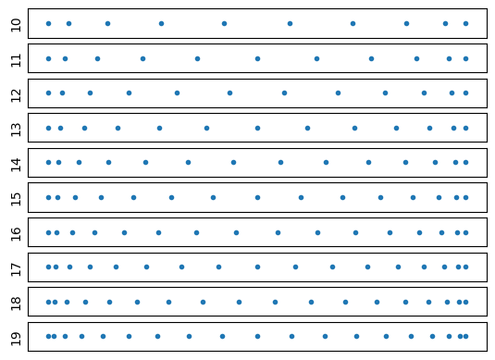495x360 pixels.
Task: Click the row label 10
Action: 16,23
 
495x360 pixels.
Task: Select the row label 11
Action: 16,58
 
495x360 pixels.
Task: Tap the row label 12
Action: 16,93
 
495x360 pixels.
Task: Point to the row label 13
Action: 16,128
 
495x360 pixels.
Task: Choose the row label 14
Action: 16,162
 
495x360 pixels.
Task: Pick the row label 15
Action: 16,197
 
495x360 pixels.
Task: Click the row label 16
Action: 16,232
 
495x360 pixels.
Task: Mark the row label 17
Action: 16,267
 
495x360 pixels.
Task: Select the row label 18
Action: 16,302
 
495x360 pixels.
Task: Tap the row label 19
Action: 16,336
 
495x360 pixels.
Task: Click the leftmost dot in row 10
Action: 48,23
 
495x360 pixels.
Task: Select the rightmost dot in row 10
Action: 465,23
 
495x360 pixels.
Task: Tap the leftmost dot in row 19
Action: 48,336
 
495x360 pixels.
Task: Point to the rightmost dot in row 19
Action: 465,336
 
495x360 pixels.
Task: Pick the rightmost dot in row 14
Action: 465,162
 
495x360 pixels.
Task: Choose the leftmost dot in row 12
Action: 48,93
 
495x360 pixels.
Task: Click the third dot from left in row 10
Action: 107,23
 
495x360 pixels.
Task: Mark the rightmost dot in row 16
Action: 465,232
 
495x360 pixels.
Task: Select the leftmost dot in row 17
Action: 48,267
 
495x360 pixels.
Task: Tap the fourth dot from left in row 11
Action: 142,58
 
